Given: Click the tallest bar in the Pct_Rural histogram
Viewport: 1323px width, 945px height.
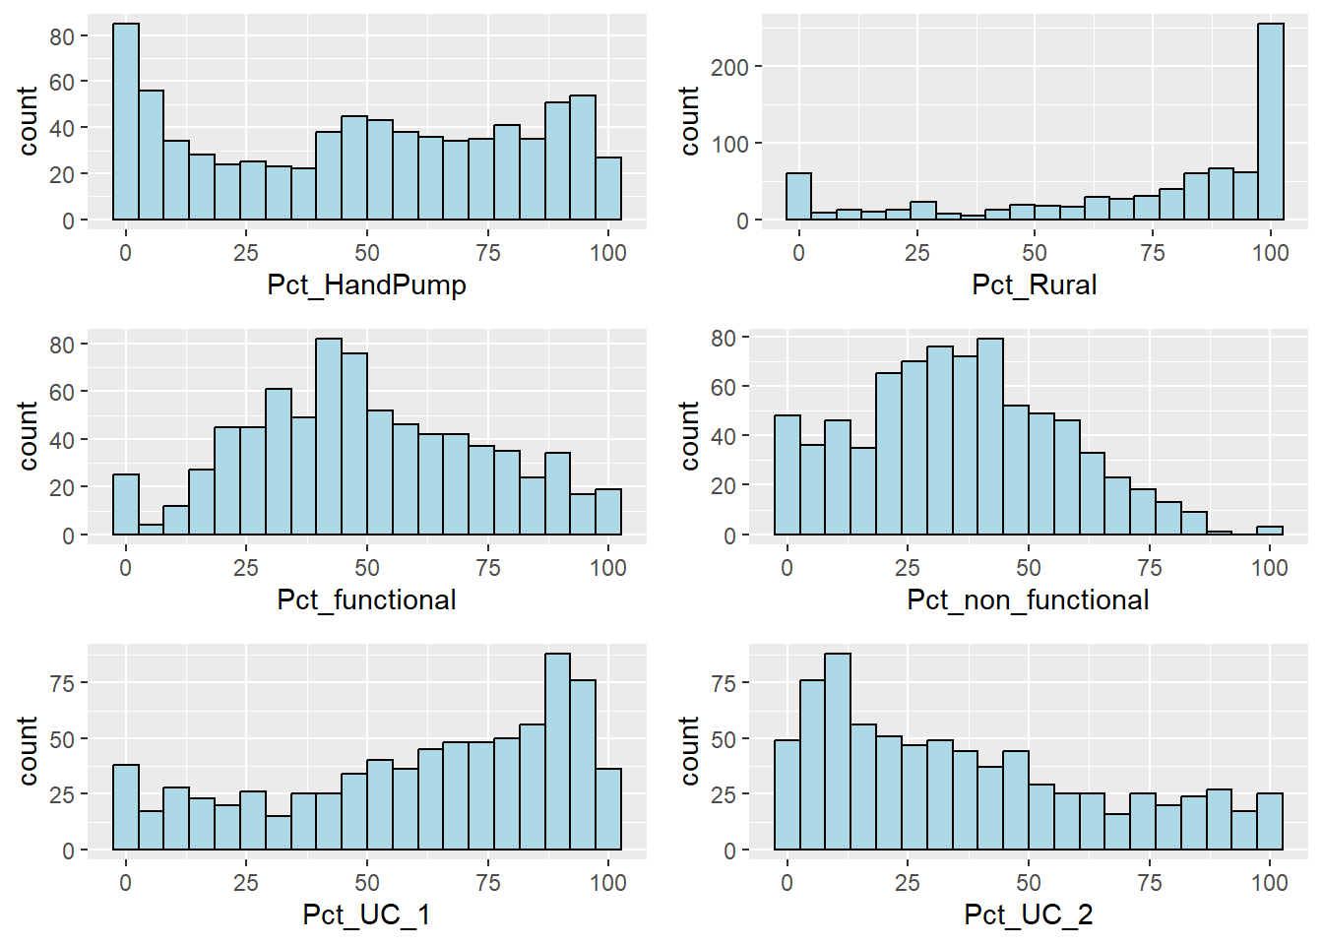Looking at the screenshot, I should pos(1270,121).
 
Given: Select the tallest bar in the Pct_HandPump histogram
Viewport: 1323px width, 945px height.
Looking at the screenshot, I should pos(126,121).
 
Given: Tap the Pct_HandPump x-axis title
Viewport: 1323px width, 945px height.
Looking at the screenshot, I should pos(366,285).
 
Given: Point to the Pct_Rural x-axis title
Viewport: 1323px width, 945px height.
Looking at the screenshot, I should pos(1034,285).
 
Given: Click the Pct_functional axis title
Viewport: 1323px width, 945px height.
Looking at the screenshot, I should pos(366,600).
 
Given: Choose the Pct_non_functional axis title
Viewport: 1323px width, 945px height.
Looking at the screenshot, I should pos(1028,600).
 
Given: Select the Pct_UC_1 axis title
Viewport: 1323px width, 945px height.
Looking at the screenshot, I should pos(366,915).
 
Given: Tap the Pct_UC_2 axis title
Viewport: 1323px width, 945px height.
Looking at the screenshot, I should pos(1028,915).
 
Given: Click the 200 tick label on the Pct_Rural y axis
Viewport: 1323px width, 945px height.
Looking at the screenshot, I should pos(729,67).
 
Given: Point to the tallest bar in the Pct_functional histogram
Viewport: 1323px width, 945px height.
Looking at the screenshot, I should pos(329,437).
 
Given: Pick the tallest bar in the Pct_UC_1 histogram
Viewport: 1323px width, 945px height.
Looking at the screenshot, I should pos(557,751).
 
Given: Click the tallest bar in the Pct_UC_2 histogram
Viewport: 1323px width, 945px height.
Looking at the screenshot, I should pos(838,751).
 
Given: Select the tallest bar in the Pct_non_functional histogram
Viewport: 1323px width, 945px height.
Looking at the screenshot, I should pos(989,437).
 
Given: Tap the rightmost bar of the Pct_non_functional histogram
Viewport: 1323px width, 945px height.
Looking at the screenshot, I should pos(1270,532).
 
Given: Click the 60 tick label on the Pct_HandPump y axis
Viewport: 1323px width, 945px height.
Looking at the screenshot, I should pos(62,82).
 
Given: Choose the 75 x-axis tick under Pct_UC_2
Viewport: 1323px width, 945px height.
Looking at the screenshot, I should pos(1149,883).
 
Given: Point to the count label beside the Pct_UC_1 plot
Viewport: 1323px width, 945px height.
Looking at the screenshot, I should pos(28,751).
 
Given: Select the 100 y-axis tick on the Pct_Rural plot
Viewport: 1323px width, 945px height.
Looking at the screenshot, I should pos(729,144).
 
